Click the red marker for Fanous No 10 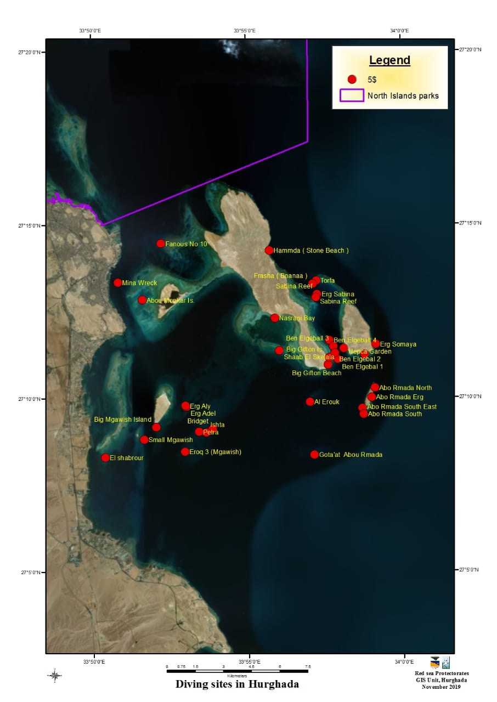161,244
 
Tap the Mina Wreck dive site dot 118,282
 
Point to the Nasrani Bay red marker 275,318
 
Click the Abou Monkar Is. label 171,301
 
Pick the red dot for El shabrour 105,458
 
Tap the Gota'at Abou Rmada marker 314,455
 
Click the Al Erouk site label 327,402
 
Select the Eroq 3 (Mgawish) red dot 185,452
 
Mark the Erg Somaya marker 376,344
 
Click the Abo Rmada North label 405,388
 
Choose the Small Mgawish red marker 144,440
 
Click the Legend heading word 389,60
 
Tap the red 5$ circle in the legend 352,80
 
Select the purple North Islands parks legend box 352,95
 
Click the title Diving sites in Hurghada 237,684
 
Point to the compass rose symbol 55,675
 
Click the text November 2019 442,687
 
